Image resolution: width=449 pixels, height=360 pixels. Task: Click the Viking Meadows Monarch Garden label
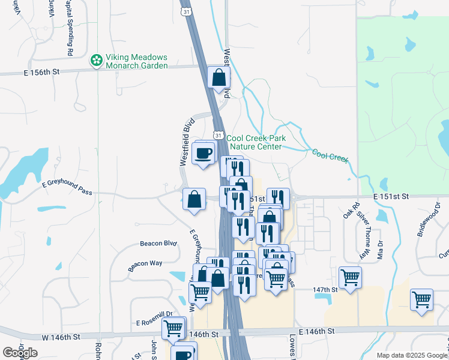coord(137,61)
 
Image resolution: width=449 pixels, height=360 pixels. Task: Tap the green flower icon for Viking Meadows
coord(95,61)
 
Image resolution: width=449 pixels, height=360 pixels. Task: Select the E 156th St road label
coord(42,71)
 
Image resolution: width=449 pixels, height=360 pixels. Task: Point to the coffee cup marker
coord(203,152)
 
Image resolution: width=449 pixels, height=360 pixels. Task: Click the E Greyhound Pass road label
coord(68,188)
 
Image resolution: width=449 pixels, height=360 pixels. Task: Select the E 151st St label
coord(390,196)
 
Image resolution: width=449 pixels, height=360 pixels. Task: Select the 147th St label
coord(325,289)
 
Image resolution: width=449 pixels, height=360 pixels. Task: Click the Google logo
coord(20,353)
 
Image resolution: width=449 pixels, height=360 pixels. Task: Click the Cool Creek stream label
coord(330,157)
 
